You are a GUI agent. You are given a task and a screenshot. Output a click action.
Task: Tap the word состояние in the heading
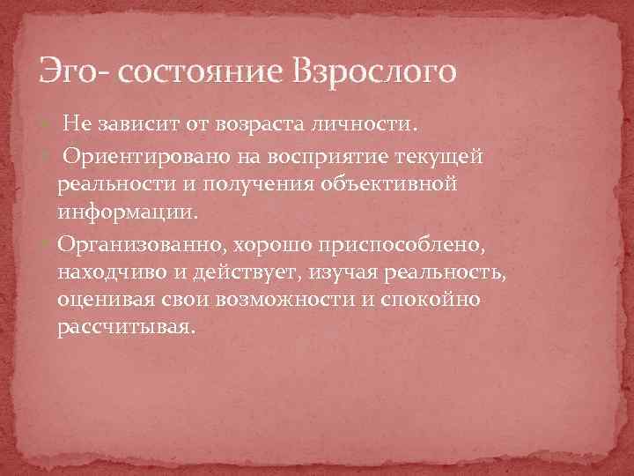point(181,71)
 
